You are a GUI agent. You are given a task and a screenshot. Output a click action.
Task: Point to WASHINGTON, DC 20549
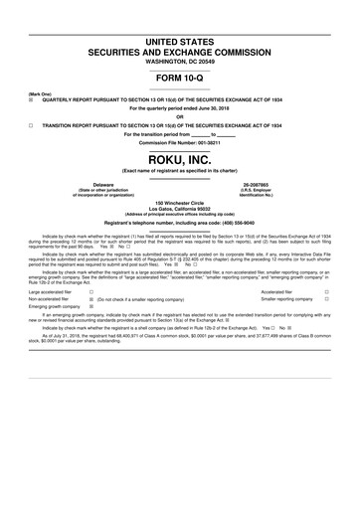tap(179, 61)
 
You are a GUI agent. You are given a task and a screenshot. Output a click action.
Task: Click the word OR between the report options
tap(179, 116)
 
